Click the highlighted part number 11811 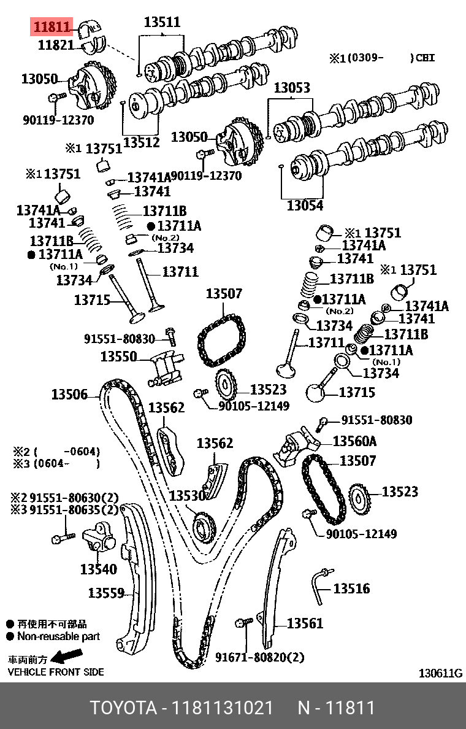tap(53, 27)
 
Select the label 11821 tap(56, 45)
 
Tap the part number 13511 tap(162, 23)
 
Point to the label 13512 tap(141, 142)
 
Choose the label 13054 tap(305, 206)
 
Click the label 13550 tap(118, 356)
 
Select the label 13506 tap(69, 395)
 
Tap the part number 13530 tap(187, 495)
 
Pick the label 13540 tap(98, 569)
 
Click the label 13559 tap(106, 593)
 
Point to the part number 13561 tap(305, 623)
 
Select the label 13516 tap(351, 588)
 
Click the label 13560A tap(354, 441)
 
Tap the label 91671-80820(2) tap(259, 657)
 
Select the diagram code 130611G tap(440, 673)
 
